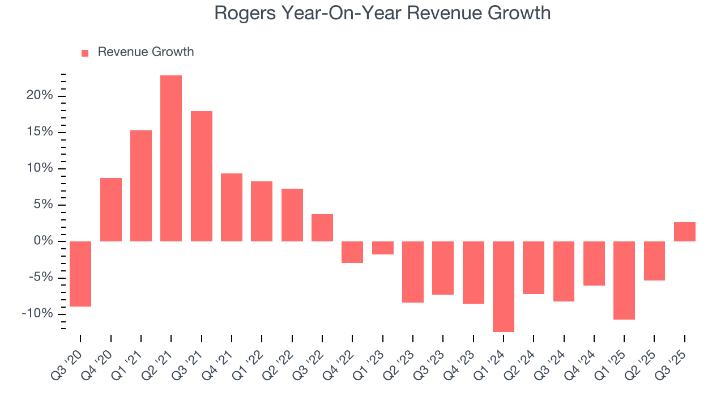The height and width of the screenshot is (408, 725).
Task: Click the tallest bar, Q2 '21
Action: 171,158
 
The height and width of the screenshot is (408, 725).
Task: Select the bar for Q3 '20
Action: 80,274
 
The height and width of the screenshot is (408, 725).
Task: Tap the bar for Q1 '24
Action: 504,286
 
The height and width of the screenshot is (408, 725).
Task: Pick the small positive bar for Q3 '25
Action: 685,232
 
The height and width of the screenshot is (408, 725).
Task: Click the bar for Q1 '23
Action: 383,248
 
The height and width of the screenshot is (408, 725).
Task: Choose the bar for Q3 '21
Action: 202,176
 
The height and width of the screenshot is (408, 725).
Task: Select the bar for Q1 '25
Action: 624,280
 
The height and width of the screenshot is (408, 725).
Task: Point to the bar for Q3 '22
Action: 322,228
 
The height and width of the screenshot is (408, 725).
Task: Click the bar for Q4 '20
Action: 111,210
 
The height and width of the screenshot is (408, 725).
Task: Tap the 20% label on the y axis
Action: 39,96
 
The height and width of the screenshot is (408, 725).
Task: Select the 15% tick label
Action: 39,132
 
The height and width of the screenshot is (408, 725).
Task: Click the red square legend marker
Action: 85,53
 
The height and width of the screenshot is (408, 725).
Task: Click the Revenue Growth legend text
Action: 146,52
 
